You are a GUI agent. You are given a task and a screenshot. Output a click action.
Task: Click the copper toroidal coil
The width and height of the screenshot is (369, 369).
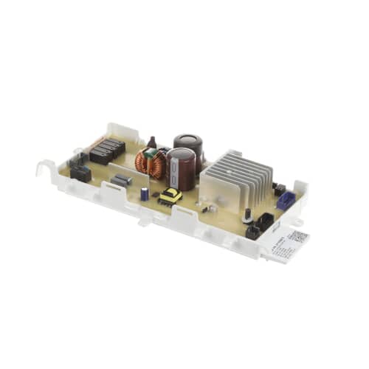(154, 164)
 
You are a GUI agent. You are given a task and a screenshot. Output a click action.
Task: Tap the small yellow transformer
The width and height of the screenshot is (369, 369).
(171, 196)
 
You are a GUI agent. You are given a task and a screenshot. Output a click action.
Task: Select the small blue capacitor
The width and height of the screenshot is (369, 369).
(145, 193)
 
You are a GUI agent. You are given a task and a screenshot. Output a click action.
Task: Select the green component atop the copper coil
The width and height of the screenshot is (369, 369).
(151, 154)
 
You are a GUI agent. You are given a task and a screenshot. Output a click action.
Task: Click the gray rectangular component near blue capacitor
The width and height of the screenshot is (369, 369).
(121, 180)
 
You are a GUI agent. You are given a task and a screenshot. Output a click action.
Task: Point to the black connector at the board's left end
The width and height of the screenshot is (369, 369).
(80, 173)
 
